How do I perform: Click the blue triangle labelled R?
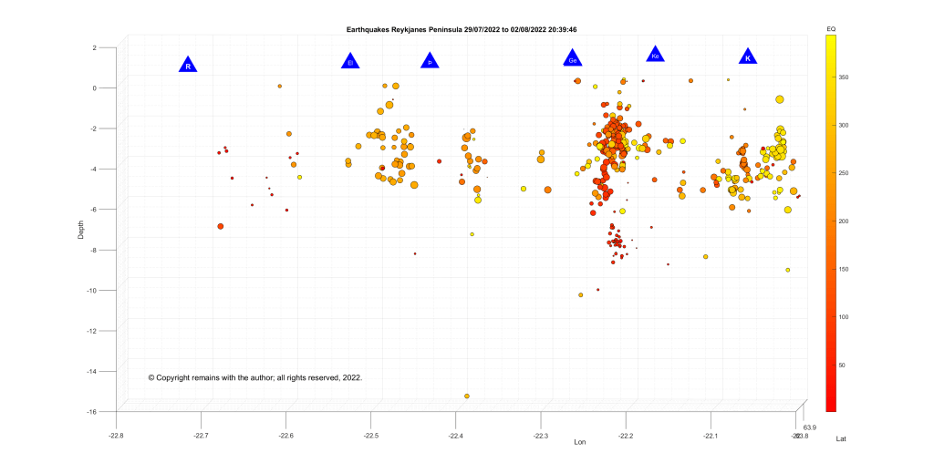coord(187,65)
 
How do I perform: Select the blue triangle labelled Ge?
coord(572,59)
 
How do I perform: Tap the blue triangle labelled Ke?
coord(655,56)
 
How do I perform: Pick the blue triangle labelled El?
coord(349,61)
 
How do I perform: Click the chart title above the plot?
coord(462,29)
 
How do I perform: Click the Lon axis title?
coord(578,442)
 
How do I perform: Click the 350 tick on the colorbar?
coord(844,78)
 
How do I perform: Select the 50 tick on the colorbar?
coord(842,365)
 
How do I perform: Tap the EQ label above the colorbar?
coord(831,30)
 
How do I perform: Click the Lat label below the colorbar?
coord(842,439)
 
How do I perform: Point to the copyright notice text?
coord(255,376)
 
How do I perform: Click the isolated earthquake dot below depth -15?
coord(467,396)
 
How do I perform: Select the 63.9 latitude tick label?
coord(809,427)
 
